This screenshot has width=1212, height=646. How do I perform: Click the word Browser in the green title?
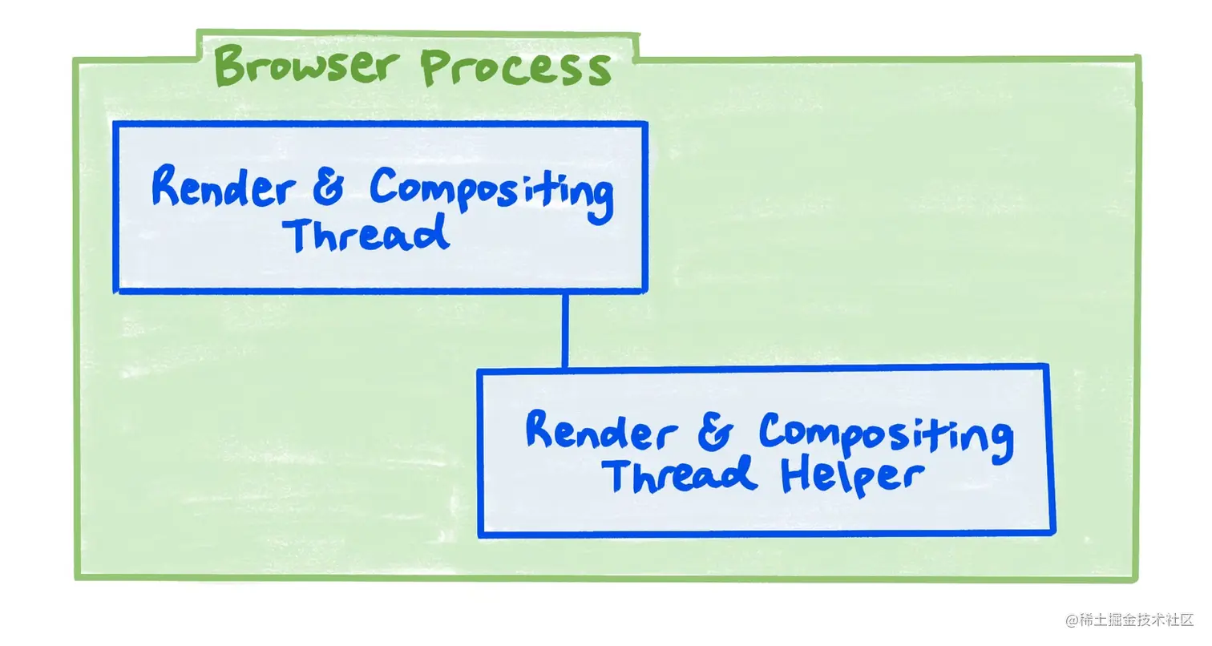[309, 66]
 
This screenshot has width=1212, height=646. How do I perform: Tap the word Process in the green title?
[515, 67]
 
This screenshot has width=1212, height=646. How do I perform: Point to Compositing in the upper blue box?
[491, 192]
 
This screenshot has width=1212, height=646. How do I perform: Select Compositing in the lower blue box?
[885, 438]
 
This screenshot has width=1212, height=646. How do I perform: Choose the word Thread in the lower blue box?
[680, 474]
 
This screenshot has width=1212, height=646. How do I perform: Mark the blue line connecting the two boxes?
[565, 330]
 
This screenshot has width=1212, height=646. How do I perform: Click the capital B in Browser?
[230, 66]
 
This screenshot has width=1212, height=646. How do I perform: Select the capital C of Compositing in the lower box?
[774, 432]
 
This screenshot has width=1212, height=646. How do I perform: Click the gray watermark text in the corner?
[1129, 620]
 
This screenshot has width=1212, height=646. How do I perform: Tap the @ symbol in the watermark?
[1071, 620]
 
